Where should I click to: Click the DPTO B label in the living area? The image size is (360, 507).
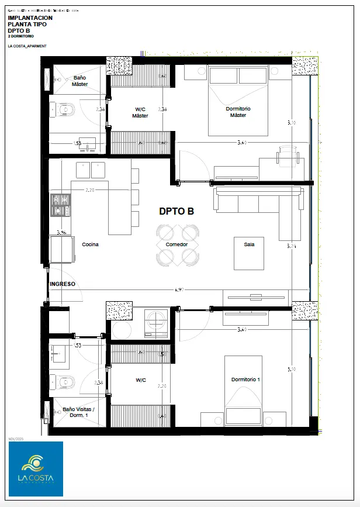tap(176, 211)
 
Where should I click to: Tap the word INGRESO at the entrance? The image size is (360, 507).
tap(63, 284)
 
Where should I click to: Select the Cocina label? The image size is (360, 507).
tap(90, 244)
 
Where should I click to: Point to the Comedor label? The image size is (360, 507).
tap(176, 244)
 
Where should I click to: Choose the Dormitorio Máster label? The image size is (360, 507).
tap(238, 112)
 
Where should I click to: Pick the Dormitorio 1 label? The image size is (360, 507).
tap(245, 380)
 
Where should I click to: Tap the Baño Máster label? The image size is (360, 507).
tap(79, 81)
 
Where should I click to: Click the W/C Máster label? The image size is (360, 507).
tap(140, 112)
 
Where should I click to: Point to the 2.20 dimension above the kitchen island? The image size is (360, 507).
tap(90, 190)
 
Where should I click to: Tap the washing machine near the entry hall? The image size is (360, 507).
tap(156, 322)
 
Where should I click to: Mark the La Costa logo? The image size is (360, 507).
tap(36, 468)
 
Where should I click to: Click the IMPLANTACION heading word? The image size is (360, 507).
tap(30, 18)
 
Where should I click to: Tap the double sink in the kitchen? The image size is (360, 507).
tap(90, 170)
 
